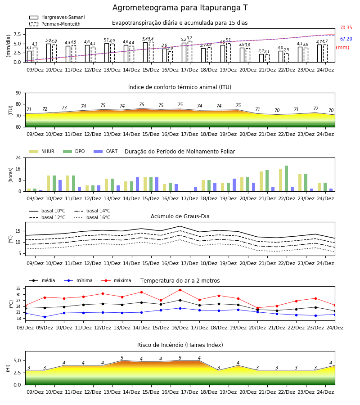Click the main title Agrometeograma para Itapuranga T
(180, 8)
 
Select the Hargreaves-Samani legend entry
(57, 17)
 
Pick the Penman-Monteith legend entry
(55, 24)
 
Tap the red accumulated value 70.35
(346, 27)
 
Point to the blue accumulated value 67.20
(346, 39)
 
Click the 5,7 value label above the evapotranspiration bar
(189, 38)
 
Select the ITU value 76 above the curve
(141, 104)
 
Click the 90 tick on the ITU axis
(18, 93)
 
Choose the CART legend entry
(106, 151)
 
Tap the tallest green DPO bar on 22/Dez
(286, 179)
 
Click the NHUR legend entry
(42, 151)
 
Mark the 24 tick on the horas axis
(18, 157)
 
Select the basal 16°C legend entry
(92, 217)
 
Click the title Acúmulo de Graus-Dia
(180, 216)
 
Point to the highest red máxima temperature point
(180, 290)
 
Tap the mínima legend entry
(78, 280)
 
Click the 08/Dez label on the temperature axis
(25, 328)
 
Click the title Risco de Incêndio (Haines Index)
(180, 345)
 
